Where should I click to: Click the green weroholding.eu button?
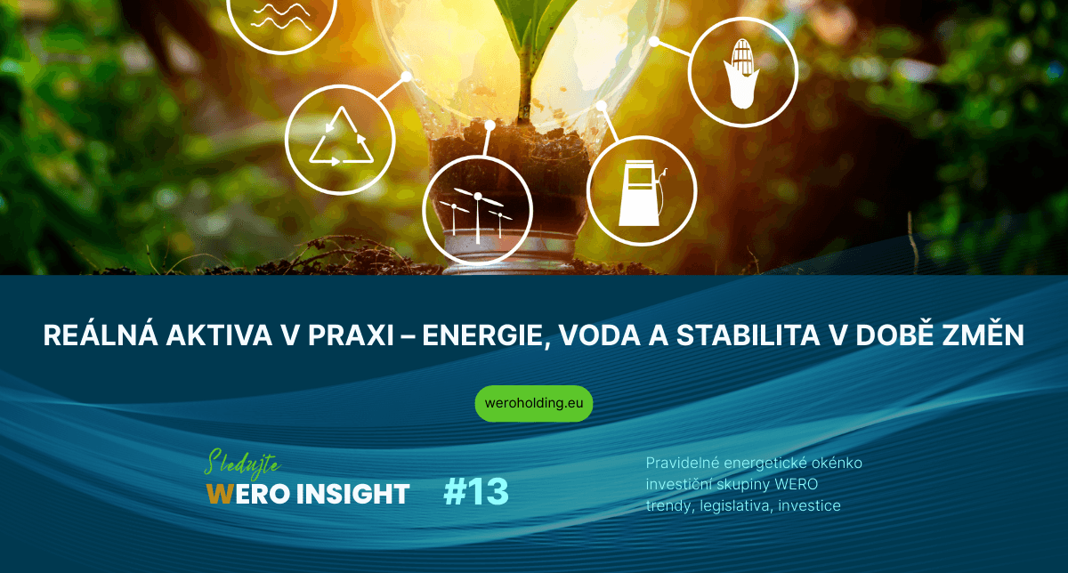pos(533,404)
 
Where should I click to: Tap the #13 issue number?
pos(476,492)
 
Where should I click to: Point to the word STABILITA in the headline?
pos(748,335)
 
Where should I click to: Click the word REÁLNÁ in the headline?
pos(101,335)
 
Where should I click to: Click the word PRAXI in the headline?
pos(351,335)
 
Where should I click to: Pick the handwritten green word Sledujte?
pos(242,463)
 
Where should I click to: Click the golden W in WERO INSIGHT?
pos(220,494)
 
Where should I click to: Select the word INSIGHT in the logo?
pos(352,494)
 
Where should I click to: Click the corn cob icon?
pos(741,73)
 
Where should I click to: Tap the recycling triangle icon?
pos(342,138)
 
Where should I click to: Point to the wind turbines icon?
pos(477,212)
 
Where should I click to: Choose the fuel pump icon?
pos(643,192)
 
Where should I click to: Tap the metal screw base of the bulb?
pos(510,253)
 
